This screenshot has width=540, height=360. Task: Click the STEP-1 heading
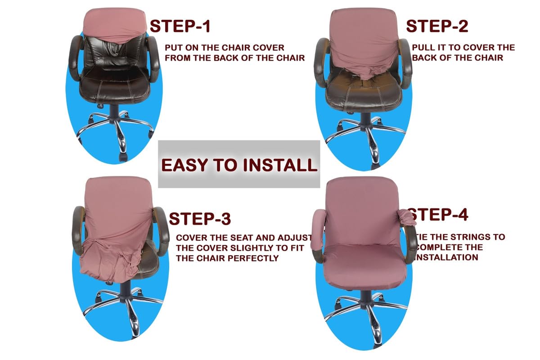pyautogui.click(x=180, y=26)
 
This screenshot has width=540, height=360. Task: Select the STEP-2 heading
pyautogui.click(x=436, y=26)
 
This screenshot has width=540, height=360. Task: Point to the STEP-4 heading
pyautogui.click(x=439, y=214)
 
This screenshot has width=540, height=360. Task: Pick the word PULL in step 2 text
pyautogui.click(x=423, y=48)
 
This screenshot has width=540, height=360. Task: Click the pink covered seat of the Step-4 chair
pyautogui.click(x=364, y=261)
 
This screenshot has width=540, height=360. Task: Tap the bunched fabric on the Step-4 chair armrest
pyautogui.click(x=405, y=218)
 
